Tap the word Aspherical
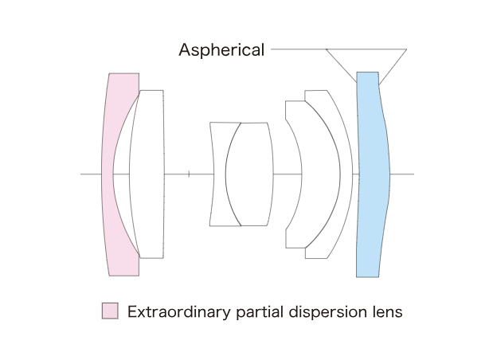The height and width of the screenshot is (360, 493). pos(221,50)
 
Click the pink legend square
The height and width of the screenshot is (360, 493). pos(110,311)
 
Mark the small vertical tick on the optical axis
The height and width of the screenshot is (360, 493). pos(188,174)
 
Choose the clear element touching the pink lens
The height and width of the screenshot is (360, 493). pos(147,174)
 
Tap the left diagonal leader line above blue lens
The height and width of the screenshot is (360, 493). pos(341,65)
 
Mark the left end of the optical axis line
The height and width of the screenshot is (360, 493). pos(82,174)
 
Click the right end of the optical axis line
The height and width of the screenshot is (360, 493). pos(413,174)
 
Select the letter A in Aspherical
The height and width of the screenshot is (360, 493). pos(185,50)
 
